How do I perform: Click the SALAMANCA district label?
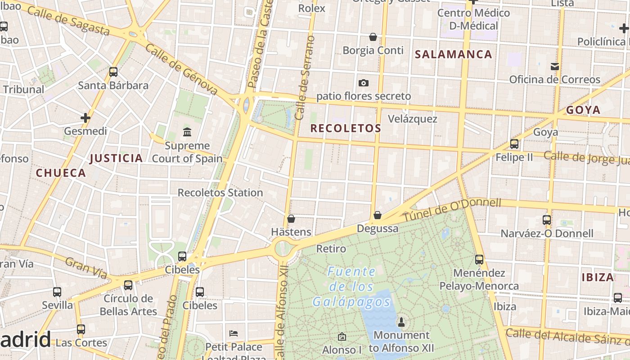point(453,54)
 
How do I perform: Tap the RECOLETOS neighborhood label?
point(346,128)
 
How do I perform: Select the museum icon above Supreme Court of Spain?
point(187,132)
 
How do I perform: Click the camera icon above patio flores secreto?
point(363,83)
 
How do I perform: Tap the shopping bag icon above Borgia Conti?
point(373,36)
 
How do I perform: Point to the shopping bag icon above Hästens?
point(291,219)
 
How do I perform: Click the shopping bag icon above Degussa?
point(378,215)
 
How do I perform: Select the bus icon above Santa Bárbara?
point(113,72)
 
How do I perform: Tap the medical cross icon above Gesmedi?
point(85,118)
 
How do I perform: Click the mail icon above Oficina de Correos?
point(554,67)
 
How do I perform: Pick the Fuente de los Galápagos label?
point(351,287)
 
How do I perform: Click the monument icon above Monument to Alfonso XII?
point(401,322)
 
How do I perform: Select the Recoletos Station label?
point(220,193)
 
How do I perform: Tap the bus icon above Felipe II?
point(514,144)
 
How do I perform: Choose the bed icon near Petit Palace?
point(234,333)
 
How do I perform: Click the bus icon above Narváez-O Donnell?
point(547,220)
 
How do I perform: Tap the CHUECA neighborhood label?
point(61,173)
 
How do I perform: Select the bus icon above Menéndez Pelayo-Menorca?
point(479,260)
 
